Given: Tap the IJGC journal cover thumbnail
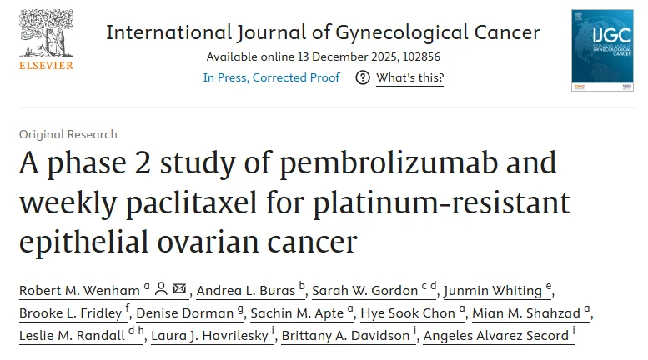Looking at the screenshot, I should tap(602, 50).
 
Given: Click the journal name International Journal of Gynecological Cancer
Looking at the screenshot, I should tap(323, 32).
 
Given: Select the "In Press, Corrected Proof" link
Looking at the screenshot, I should tap(271, 77).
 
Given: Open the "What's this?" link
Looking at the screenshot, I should tap(409, 77).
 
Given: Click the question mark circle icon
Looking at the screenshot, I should tap(363, 77).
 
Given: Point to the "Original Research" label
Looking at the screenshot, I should tap(68, 134).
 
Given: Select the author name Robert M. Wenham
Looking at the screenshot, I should tap(80, 290).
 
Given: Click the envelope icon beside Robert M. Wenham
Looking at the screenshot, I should tap(179, 289).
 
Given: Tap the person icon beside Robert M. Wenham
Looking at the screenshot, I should tap(161, 289).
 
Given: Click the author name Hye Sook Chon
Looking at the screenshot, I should tap(411, 313).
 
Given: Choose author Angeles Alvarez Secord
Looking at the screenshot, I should tap(495, 336).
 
